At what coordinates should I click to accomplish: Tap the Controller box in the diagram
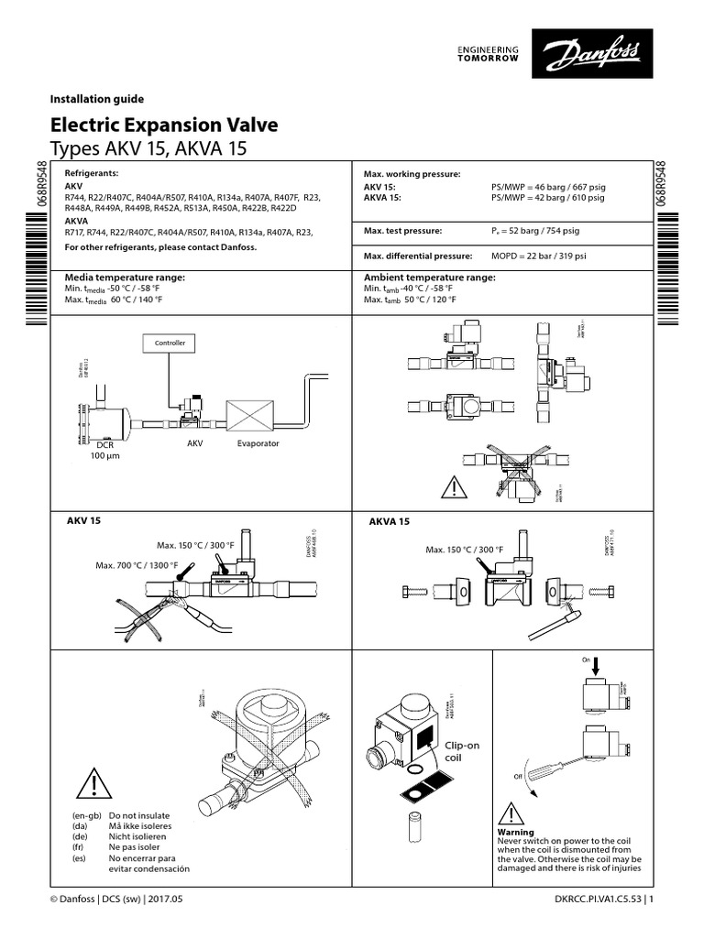point(170,344)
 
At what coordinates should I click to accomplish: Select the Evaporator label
point(258,442)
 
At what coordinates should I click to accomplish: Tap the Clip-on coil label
point(462,752)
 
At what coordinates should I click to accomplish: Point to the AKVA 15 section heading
point(389,521)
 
